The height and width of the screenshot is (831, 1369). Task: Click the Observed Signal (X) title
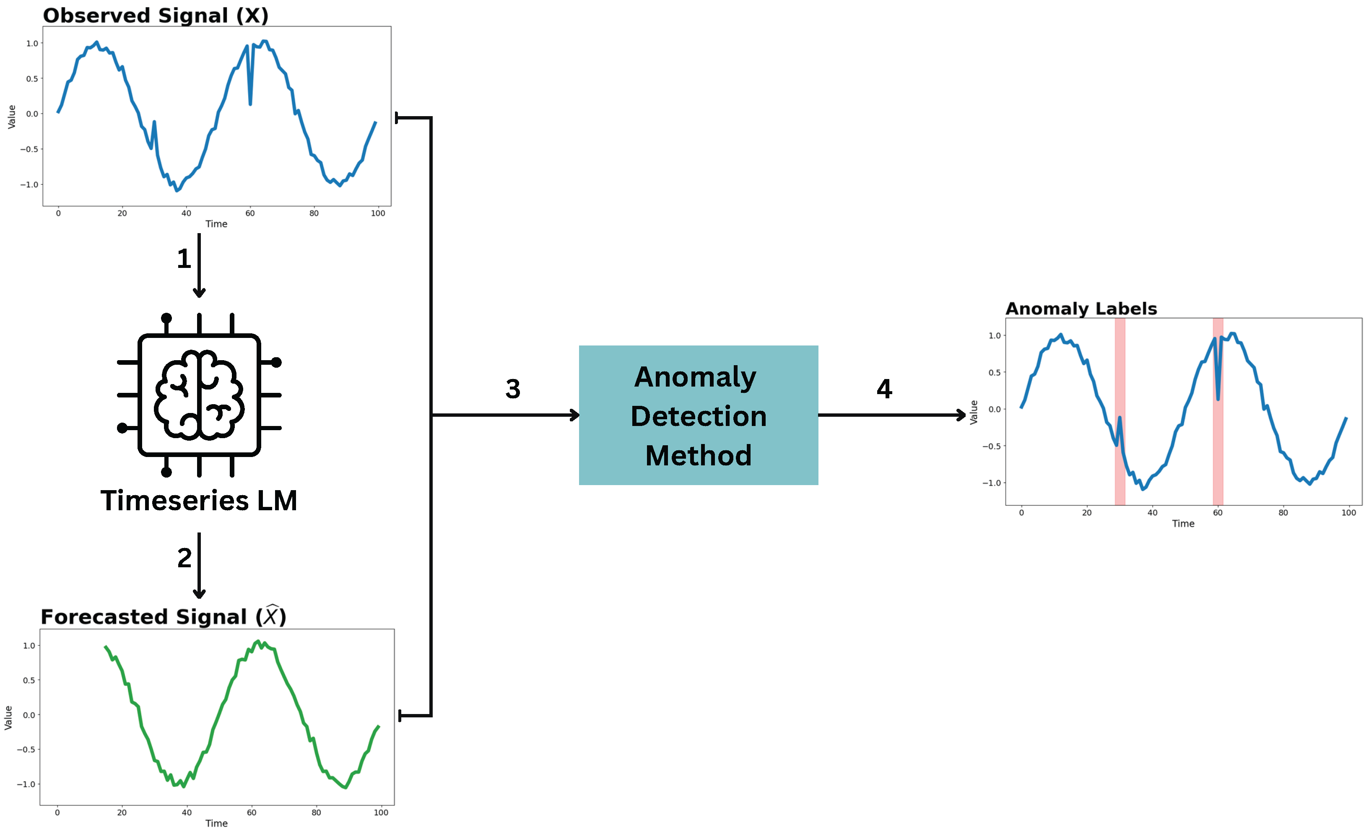click(156, 16)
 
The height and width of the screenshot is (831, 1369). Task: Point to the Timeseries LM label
click(198, 501)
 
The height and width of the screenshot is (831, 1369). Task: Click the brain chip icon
click(199, 395)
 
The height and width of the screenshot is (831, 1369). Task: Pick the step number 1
click(184, 259)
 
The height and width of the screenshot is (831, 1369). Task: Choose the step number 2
click(184, 558)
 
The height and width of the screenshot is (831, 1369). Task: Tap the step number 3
click(512, 389)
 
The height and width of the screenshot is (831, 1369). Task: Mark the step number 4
click(884, 389)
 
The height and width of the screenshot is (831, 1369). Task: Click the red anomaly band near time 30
click(1120, 411)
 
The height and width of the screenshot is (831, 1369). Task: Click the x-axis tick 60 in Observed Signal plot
click(250, 213)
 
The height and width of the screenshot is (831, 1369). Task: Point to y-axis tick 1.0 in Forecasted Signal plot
click(29, 645)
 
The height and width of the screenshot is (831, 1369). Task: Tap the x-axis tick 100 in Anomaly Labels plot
click(1348, 513)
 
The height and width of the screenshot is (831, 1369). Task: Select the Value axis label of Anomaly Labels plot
click(974, 412)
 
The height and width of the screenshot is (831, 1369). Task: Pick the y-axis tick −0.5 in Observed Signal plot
click(29, 149)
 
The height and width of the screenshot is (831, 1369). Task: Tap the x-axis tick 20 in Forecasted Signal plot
click(122, 813)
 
